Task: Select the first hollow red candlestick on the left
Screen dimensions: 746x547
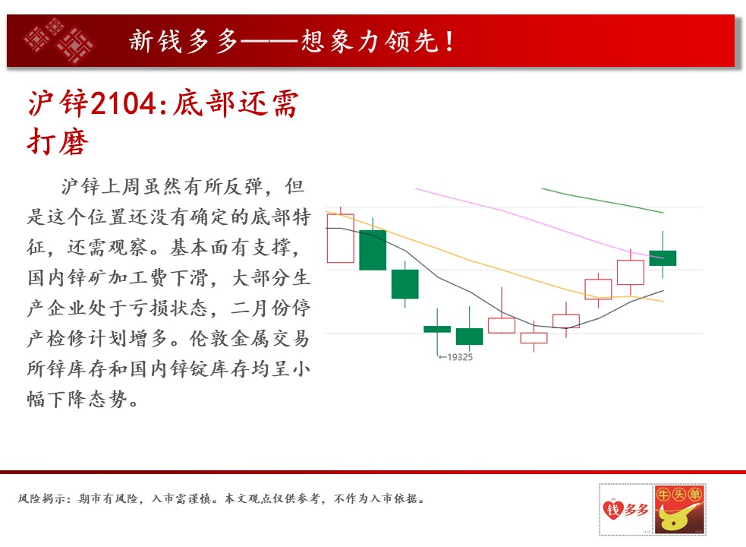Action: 340,239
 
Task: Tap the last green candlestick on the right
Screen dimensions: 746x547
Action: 663,258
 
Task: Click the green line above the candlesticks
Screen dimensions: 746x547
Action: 603,201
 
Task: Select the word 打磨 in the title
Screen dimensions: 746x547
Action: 58,141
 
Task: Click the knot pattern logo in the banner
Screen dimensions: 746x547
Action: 59,40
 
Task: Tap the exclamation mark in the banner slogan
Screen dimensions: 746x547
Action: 449,41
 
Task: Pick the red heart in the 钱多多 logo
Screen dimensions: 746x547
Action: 612,509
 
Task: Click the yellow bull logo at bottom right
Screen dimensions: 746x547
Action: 678,508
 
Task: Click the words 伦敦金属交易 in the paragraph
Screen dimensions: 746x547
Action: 250,338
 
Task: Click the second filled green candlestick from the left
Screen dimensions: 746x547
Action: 405,284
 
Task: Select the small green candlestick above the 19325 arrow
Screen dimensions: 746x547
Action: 437,329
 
